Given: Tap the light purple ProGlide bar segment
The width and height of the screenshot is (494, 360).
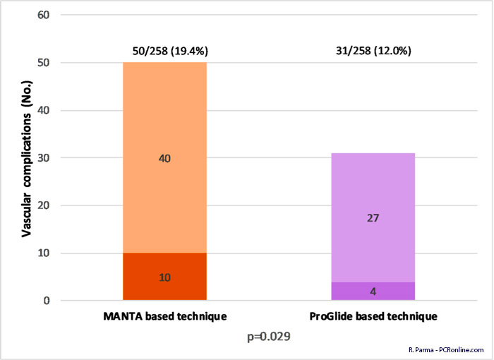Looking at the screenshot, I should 373,184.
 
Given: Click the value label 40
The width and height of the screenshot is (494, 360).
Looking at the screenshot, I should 164,158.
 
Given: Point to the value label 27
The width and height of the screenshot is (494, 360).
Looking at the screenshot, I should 373,218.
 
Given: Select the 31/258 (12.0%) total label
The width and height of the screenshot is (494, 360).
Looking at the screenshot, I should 373,51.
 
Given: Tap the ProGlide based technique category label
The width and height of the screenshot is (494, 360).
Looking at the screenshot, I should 373,317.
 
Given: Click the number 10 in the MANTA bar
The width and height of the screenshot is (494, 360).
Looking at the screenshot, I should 164,277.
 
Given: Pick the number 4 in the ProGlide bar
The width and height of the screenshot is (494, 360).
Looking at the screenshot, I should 373,292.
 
